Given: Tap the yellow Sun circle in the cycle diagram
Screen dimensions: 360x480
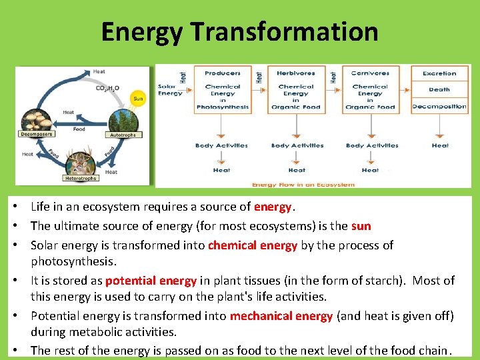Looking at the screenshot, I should [x=137, y=99].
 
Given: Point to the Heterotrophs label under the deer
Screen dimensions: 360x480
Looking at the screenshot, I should [x=81, y=178].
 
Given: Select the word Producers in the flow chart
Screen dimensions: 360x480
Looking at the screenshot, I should [x=223, y=73].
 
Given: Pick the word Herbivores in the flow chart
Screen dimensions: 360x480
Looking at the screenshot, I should [x=296, y=73].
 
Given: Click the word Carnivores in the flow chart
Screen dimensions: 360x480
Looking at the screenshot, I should [x=370, y=73].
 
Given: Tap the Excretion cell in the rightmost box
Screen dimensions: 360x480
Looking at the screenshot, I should [x=440, y=73].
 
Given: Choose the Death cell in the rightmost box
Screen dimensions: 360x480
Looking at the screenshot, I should [x=440, y=89].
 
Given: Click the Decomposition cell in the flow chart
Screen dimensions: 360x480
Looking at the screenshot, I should [x=440, y=107].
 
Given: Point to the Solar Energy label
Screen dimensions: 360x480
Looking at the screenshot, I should [x=170, y=90].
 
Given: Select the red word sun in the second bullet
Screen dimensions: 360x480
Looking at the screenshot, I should [x=361, y=226].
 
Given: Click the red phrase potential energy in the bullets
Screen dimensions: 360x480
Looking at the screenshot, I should [x=151, y=281].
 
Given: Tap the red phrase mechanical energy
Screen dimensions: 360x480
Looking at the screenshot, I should [x=281, y=316].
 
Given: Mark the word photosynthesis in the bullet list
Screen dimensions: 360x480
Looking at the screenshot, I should [x=73, y=261].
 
